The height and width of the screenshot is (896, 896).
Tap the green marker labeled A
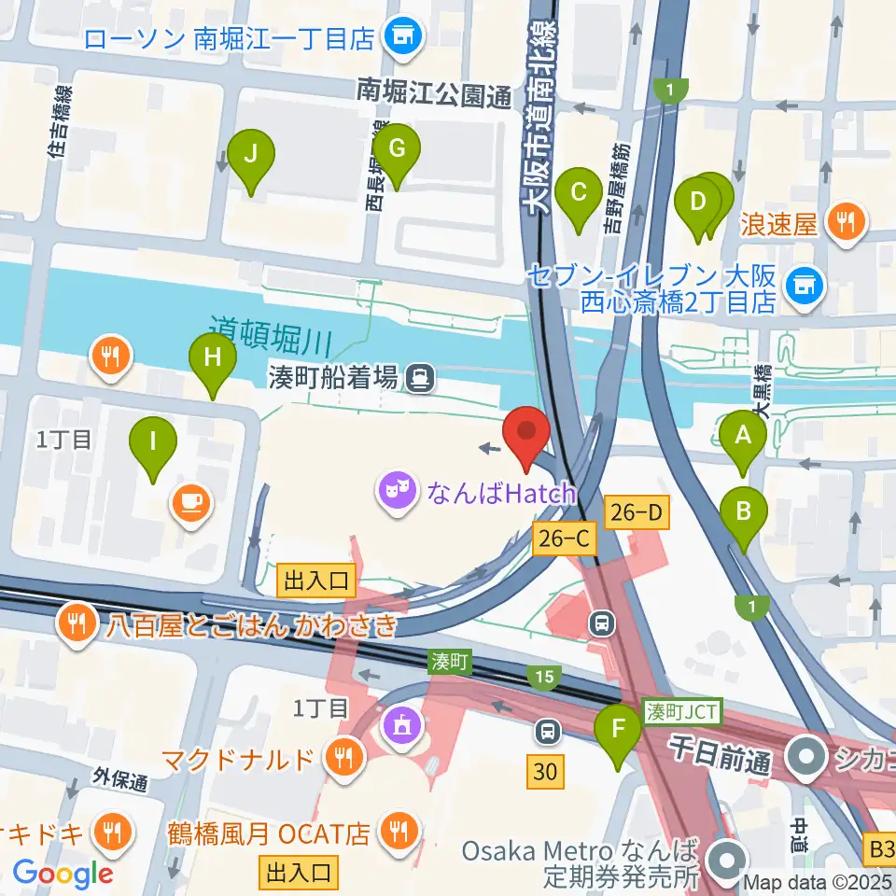click(743, 436)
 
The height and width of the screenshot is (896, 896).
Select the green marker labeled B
click(744, 512)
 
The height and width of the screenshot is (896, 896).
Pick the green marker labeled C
click(578, 195)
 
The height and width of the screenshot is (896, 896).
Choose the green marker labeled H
click(213, 358)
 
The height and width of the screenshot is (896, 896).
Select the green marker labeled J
click(251, 156)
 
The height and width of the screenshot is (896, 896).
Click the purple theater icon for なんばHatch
click(396, 490)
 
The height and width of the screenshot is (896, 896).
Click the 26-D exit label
click(637, 511)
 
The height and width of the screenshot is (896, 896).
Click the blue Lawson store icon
click(404, 37)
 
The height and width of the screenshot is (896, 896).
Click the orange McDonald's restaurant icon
click(344, 755)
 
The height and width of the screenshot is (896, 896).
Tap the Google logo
click(63, 873)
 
